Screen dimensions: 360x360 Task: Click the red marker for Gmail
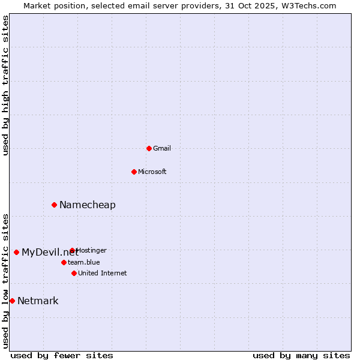[x=149, y=148]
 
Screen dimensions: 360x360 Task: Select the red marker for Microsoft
[x=134, y=172]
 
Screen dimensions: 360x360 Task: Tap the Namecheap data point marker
[x=54, y=205]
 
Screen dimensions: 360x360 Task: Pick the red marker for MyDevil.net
[x=16, y=252]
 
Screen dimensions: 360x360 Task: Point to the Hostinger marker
[x=72, y=250]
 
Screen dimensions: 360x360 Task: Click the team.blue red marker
[x=64, y=262]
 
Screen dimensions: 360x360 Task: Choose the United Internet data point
[x=74, y=273]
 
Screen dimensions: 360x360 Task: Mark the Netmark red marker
[x=12, y=301]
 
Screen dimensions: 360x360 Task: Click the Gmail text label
[x=162, y=148]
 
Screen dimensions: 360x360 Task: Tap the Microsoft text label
[x=152, y=172]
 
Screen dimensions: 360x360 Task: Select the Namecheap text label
[x=88, y=205]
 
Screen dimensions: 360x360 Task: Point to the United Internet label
[x=103, y=273]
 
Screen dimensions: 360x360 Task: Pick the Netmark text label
[x=38, y=301]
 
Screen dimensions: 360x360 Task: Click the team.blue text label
[x=84, y=262]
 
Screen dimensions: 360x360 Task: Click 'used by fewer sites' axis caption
[x=62, y=355]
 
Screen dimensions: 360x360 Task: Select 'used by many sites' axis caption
[x=301, y=355]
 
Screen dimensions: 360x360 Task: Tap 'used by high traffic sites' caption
[x=6, y=85]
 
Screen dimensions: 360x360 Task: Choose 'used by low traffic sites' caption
[x=6, y=281]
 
